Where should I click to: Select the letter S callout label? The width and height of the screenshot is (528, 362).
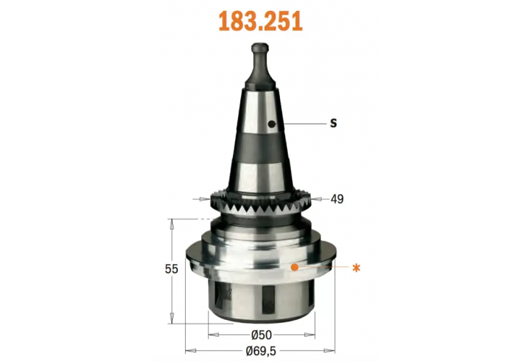pyautogui.click(x=333, y=123)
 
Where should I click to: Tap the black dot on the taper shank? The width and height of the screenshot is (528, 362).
pyautogui.click(x=271, y=125)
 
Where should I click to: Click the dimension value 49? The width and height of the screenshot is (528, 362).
pyautogui.click(x=336, y=199)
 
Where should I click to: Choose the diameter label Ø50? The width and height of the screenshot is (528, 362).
pyautogui.click(x=261, y=335)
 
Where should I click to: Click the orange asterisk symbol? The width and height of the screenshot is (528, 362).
pyautogui.click(x=355, y=268)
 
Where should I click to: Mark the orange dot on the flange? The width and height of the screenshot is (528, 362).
pyautogui.click(x=294, y=267)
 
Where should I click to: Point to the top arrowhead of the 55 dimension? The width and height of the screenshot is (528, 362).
pyautogui.click(x=172, y=222)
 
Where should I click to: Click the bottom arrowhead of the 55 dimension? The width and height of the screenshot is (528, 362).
pyautogui.click(x=172, y=319)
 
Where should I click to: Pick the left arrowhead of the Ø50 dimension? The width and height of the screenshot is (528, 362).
pyautogui.click(x=212, y=335)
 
